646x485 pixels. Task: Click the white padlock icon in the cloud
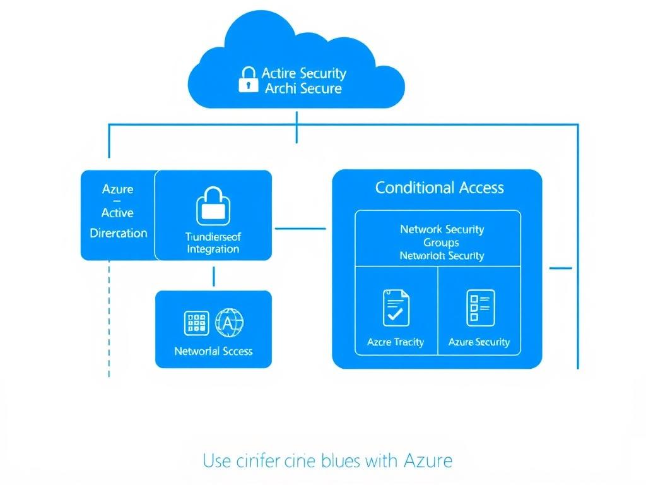(248, 80)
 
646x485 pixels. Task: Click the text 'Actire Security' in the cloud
(303, 73)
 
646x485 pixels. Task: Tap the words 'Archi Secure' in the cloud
(303, 88)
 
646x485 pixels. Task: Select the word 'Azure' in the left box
(117, 189)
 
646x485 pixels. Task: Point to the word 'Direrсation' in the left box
(119, 233)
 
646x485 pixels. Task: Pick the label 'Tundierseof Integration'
(213, 243)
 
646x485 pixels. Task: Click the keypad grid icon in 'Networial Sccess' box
(196, 323)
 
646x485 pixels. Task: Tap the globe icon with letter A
(229, 322)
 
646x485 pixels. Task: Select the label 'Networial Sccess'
(213, 351)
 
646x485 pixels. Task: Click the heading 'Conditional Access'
(439, 188)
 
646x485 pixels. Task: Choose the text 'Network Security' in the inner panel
(442, 229)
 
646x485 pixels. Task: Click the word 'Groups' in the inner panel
(441, 242)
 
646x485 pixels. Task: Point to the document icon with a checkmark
(396, 308)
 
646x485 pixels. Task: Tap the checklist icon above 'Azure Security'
(479, 308)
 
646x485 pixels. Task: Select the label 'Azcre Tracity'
(396, 342)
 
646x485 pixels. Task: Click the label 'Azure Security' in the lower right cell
(479, 342)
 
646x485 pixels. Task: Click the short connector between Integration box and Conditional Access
(300, 229)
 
